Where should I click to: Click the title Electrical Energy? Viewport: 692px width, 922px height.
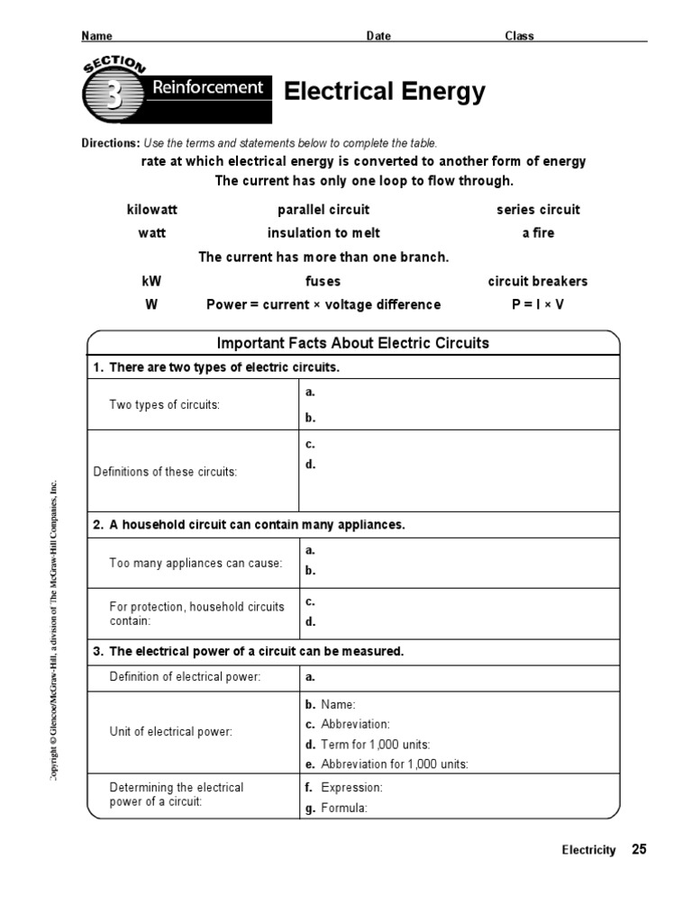[x=385, y=92]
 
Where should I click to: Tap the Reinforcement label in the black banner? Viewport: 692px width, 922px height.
[x=207, y=87]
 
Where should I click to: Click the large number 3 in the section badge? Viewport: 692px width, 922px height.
[x=114, y=95]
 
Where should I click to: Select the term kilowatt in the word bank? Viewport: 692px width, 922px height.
[x=152, y=210]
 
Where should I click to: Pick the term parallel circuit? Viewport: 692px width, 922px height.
[x=323, y=210]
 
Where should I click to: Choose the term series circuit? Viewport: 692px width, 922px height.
[x=538, y=210]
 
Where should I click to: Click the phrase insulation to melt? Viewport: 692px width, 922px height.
[x=323, y=233]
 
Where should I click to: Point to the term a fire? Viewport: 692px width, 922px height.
[x=538, y=233]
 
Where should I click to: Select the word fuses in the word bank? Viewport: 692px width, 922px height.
[x=323, y=281]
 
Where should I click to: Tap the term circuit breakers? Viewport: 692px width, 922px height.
[x=538, y=281]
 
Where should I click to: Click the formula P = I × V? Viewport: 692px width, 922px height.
[x=538, y=304]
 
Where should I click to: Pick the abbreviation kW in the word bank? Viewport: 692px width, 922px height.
[x=152, y=281]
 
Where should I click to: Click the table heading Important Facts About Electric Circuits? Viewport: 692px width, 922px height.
[x=353, y=343]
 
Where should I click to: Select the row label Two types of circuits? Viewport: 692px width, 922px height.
[x=165, y=405]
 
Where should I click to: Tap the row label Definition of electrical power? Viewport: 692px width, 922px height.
[x=185, y=677]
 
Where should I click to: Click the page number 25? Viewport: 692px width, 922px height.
[x=639, y=849]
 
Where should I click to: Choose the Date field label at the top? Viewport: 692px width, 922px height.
[x=378, y=36]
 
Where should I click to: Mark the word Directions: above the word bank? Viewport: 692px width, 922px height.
[x=111, y=143]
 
